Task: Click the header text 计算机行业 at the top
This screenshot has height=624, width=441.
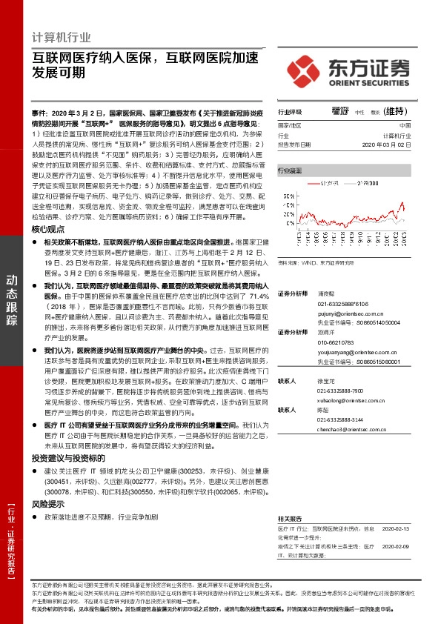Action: click(63, 36)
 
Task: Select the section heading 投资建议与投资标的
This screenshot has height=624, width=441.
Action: click(68, 459)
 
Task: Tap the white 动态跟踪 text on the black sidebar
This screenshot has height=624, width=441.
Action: click(13, 300)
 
